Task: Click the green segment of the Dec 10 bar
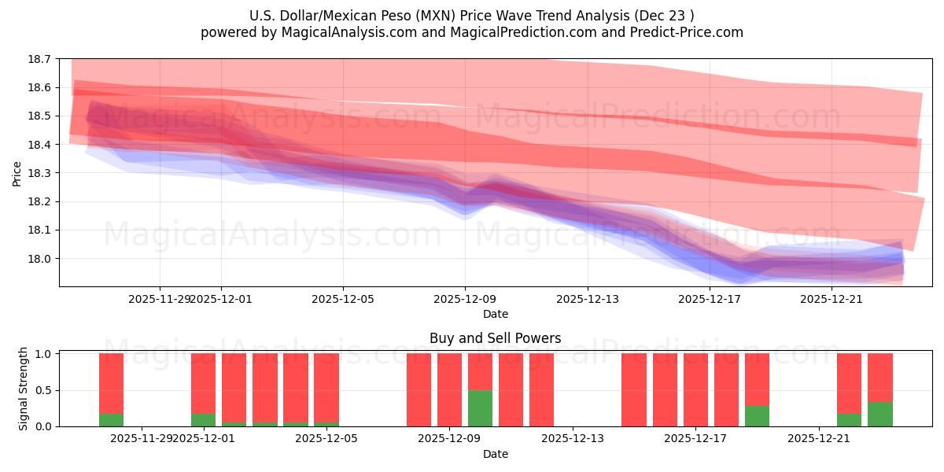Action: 480,408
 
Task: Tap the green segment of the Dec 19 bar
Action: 757,416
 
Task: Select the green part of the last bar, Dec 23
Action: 880,414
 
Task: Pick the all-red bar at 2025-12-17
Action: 695,389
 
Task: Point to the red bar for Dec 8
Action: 419,389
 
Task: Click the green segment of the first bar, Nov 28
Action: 111,420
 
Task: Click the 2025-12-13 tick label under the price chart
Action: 588,299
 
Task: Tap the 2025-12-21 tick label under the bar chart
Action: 819,439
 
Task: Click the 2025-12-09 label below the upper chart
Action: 465,299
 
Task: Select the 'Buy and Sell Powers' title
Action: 495,338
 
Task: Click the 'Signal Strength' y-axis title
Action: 24,389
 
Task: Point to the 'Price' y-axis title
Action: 17,173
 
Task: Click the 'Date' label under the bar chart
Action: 495,454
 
